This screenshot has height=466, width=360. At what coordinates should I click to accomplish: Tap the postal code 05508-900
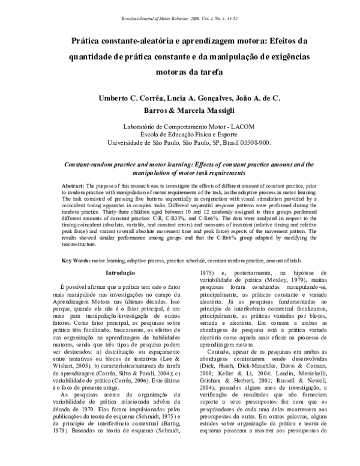[254, 144]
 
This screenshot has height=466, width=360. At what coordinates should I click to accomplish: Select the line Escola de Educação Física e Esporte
[179, 136]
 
